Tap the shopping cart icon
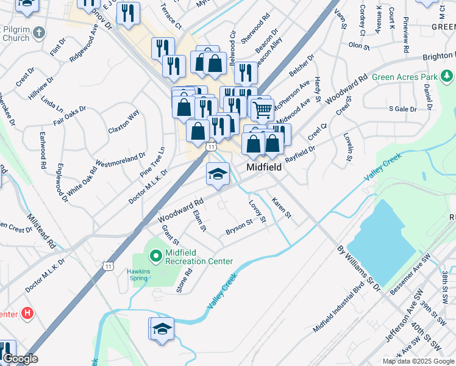[262, 110]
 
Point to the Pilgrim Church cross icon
[38, 32]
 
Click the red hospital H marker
[27, 314]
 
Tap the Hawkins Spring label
[137, 274]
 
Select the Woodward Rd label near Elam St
[181, 210]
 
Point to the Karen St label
[282, 208]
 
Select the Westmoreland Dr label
[120, 160]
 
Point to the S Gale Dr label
[402, 109]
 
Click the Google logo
[20, 359]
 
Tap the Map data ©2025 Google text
[418, 361]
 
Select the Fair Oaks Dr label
[69, 117]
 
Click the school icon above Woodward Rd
[218, 174]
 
